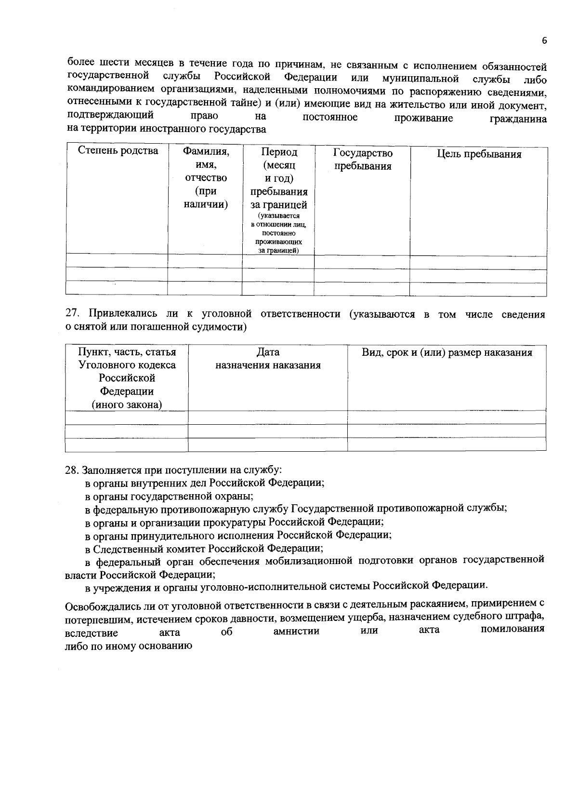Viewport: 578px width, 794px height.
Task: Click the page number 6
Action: [x=544, y=41]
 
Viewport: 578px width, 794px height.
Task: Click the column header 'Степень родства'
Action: [x=118, y=151]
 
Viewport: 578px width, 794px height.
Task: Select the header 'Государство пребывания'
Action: [x=363, y=160]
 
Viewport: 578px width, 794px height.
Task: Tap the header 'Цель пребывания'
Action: [x=479, y=154]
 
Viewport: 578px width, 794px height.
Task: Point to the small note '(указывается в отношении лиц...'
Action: [x=278, y=233]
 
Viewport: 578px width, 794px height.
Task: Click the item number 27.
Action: [x=71, y=314]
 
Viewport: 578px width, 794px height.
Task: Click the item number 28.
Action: [x=71, y=470]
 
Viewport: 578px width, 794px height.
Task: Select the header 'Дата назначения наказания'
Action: [x=268, y=359]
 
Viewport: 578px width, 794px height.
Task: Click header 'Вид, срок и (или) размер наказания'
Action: [x=447, y=352]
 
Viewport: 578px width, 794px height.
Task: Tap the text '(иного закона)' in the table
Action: [x=127, y=404]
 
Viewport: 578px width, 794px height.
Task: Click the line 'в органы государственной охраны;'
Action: [x=170, y=496]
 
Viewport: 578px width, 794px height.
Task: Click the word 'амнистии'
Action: [x=296, y=631]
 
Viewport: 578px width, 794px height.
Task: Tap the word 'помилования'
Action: [x=513, y=629]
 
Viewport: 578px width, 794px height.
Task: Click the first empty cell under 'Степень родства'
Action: [x=117, y=261]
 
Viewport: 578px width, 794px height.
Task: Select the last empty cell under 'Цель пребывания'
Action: [x=478, y=289]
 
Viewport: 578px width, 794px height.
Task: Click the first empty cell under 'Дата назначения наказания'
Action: [x=267, y=417]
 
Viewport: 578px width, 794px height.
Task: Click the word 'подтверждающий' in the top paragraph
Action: [x=111, y=116]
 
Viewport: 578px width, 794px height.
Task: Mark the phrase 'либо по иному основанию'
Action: [x=129, y=646]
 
